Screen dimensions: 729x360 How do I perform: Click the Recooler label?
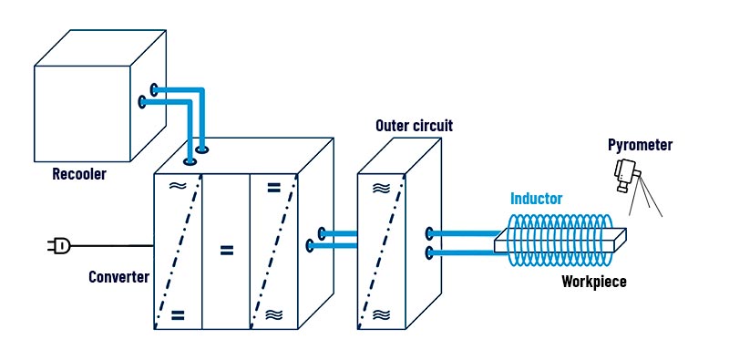pyautogui.click(x=79, y=174)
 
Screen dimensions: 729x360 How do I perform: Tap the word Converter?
pyautogui.click(x=119, y=277)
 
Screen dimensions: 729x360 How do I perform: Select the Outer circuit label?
pyautogui.click(x=414, y=126)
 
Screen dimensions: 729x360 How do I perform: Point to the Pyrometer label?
pyautogui.click(x=641, y=145)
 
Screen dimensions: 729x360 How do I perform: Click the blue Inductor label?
pyautogui.click(x=537, y=199)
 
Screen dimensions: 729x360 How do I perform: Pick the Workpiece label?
pyautogui.click(x=594, y=282)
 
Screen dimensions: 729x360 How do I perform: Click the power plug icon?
pyautogui.click(x=59, y=245)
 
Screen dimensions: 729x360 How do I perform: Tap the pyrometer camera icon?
pyautogui.click(x=626, y=174)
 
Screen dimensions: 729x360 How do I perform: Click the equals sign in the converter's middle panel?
pyautogui.click(x=226, y=251)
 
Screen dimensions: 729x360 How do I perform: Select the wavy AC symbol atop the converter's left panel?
pyautogui.click(x=178, y=186)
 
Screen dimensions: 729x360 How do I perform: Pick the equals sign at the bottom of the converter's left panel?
pyautogui.click(x=178, y=315)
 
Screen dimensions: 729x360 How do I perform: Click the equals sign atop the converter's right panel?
pyautogui.click(x=273, y=188)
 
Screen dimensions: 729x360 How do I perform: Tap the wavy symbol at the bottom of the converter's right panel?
pyautogui.click(x=273, y=314)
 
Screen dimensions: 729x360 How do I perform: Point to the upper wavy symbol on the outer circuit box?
pyautogui.click(x=381, y=188)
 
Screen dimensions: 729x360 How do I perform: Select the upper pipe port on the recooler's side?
pyautogui.click(x=154, y=89)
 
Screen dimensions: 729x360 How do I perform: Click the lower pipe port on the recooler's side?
pyautogui.click(x=142, y=102)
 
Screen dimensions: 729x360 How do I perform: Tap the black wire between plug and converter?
pyautogui.click(x=112, y=245)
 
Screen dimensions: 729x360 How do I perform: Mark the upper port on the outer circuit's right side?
pyautogui.click(x=429, y=233)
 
